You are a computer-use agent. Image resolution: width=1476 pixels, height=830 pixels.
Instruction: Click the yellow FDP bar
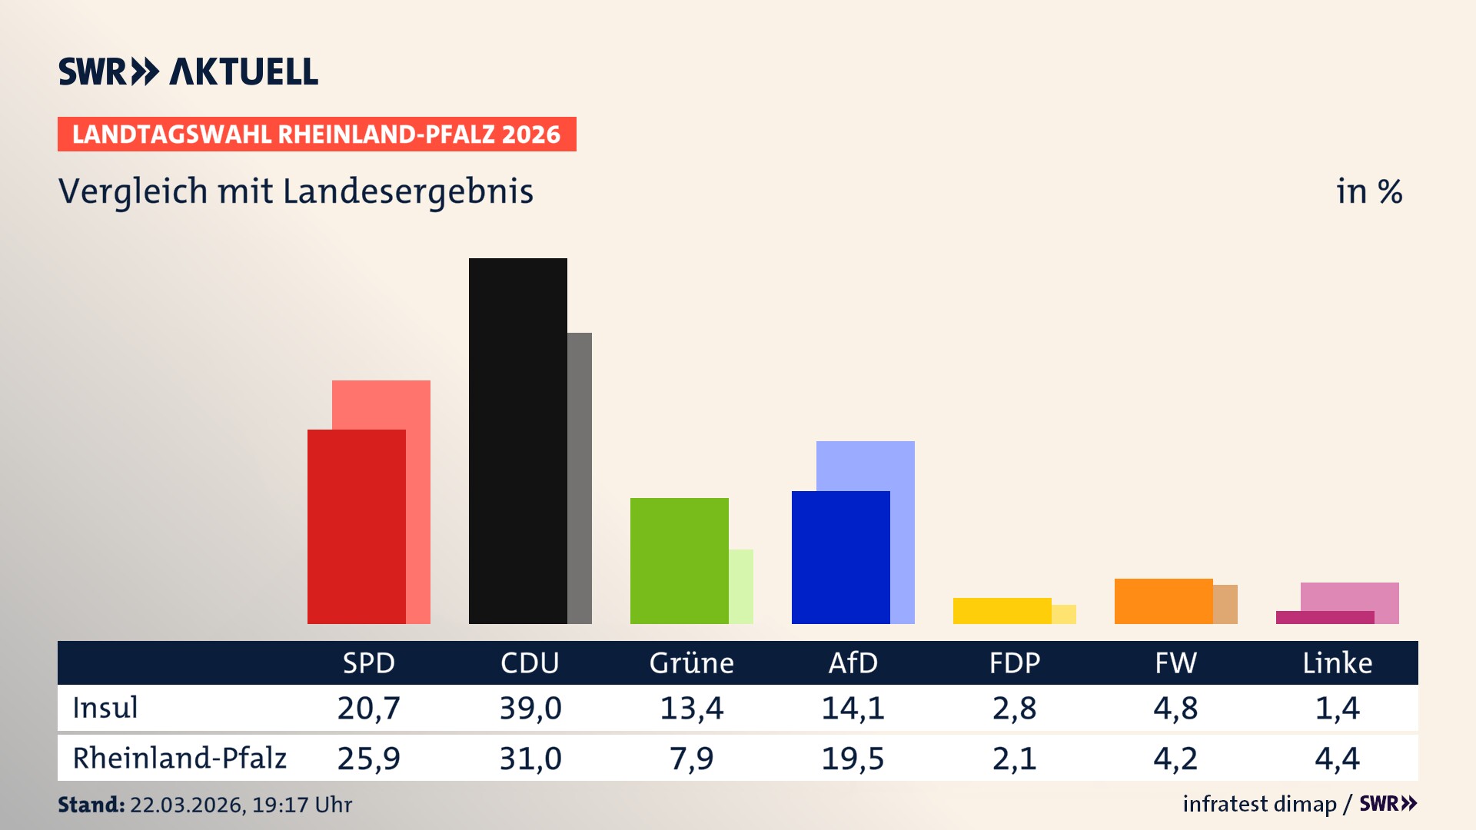[1002, 610]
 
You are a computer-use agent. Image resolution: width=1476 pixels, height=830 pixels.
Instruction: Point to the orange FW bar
[1163, 601]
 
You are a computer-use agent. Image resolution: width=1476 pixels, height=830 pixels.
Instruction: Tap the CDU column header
[530, 662]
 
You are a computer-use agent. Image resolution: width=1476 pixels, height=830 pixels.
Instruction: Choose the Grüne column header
[691, 662]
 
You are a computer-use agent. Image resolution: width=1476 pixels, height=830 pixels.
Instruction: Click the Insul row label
[105, 708]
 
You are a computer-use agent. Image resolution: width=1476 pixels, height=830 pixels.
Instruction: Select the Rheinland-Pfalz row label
[179, 758]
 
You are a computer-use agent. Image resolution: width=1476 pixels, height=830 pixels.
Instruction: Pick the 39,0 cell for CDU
[530, 708]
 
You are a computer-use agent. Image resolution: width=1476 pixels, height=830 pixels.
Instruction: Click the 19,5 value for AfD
[853, 759]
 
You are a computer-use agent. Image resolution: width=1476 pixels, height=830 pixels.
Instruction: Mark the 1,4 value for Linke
[1337, 708]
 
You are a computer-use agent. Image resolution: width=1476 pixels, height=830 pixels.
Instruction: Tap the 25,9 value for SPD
[368, 759]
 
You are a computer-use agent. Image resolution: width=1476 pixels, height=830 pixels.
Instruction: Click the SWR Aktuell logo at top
[188, 71]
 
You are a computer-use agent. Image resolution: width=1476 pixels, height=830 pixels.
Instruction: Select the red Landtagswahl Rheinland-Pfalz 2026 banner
[317, 134]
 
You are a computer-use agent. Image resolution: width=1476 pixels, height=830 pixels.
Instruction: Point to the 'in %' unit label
[1368, 191]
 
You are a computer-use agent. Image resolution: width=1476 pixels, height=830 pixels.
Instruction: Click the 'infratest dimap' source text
[1259, 804]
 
